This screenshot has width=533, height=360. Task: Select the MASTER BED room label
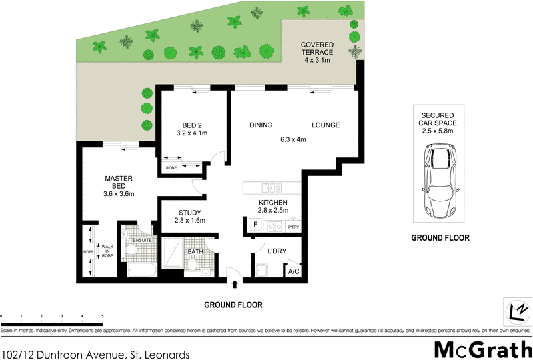(119, 186)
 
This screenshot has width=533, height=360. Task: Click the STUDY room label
(190, 217)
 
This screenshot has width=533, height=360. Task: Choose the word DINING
(262, 125)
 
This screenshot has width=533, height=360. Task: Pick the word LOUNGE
(325, 125)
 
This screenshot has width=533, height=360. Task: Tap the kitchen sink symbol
(270, 188)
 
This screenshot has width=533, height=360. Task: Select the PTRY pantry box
(294, 227)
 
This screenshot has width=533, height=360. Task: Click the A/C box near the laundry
(292, 271)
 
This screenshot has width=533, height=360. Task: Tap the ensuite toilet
(132, 251)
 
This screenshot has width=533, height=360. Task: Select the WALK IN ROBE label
(105, 251)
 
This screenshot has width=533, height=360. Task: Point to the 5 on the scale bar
(102, 316)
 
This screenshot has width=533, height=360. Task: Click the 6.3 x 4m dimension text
(292, 140)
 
